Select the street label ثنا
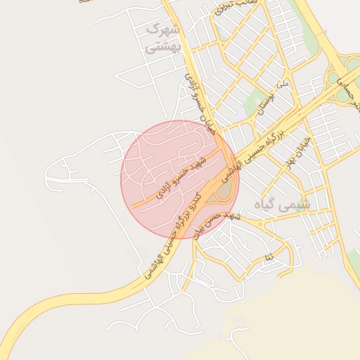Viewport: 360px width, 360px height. point(268,259)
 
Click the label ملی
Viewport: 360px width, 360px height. point(283,84)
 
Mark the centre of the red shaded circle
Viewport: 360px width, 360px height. point(180,179)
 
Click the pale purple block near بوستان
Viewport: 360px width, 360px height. point(240,112)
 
